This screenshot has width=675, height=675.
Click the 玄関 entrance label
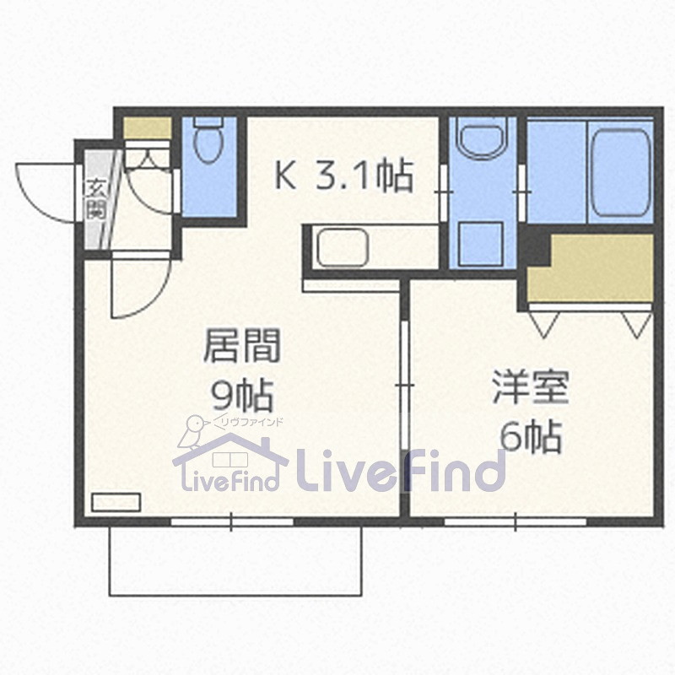(96, 198)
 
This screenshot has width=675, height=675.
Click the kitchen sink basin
(343, 248)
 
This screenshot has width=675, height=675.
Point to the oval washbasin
(482, 138)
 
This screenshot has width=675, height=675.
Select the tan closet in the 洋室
(601, 267)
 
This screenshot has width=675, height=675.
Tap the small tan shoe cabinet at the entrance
(148, 128)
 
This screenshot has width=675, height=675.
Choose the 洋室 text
(531, 389)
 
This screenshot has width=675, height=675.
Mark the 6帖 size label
(531, 436)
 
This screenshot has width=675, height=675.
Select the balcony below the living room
(235, 561)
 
